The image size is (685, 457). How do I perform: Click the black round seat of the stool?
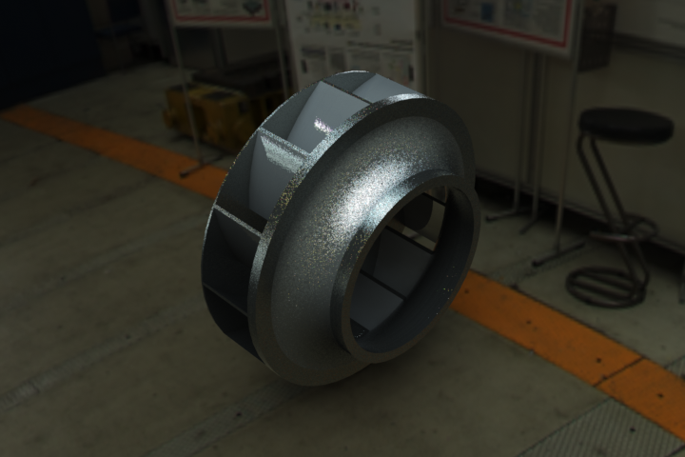(626, 125)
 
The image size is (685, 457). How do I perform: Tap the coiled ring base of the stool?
(607, 285)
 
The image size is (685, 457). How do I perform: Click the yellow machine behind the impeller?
(214, 109)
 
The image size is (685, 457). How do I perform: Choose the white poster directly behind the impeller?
(352, 38)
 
